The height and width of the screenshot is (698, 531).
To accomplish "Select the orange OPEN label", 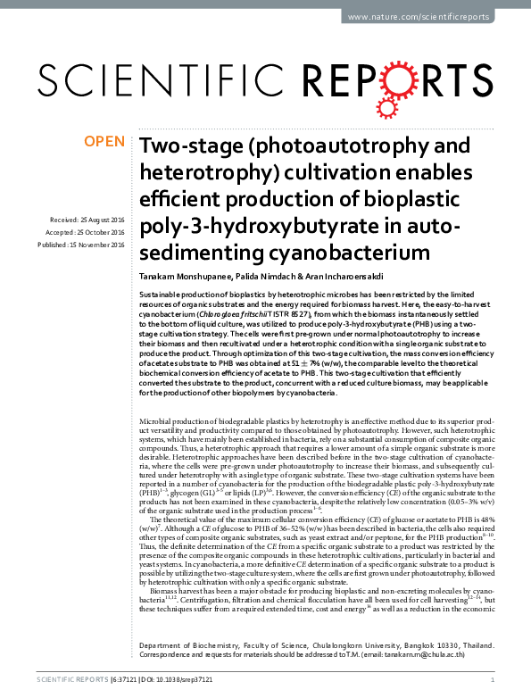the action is click(x=104, y=142).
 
